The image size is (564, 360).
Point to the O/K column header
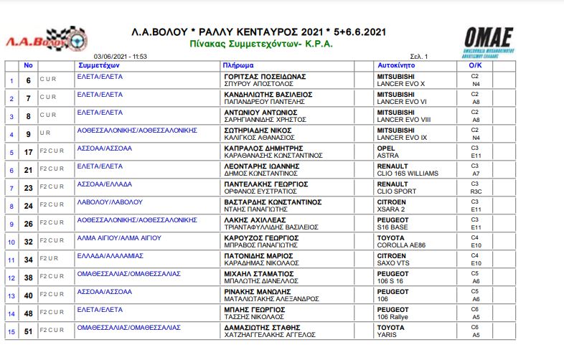tap(474, 65)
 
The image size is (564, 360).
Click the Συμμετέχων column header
tap(98, 65)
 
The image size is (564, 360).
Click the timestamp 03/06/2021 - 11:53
tap(121, 56)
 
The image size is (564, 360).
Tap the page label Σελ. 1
tap(419, 56)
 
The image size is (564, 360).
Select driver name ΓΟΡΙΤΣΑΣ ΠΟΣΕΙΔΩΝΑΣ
tap(265, 75)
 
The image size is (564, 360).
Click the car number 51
tap(29, 331)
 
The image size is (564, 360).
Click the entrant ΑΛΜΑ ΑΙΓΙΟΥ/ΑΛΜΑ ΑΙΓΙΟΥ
tap(119, 237)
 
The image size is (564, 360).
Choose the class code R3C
tap(475, 191)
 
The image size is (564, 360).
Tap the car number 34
tap(29, 259)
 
